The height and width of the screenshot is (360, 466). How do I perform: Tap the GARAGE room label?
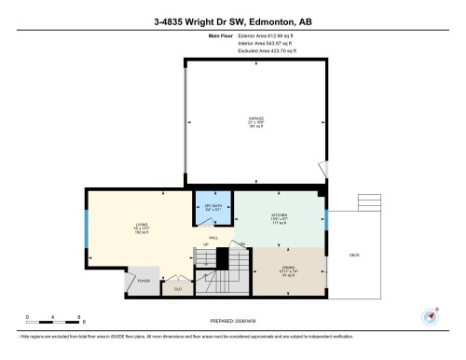pos(256,119)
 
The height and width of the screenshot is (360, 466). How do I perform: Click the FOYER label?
pos(144,280)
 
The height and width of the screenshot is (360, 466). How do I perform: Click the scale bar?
pos(54,318)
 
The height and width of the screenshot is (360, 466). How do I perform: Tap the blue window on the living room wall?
pos(86,226)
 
